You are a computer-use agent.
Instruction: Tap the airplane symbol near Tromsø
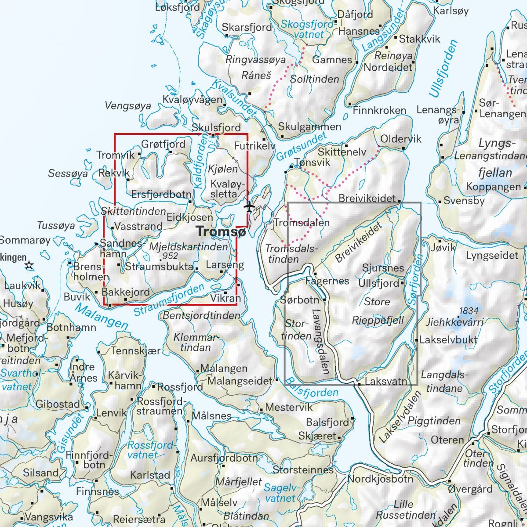[250, 206]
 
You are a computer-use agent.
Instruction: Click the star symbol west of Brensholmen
[29, 265]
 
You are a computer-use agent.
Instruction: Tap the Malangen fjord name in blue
[102, 316]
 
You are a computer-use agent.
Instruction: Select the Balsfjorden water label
[312, 386]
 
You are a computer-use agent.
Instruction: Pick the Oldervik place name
[400, 139]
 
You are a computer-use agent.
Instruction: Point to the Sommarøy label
[25, 240]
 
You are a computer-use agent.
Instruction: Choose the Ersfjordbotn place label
[161, 194]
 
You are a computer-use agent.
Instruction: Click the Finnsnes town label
[98, 491]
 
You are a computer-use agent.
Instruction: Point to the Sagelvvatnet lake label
[280, 492]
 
